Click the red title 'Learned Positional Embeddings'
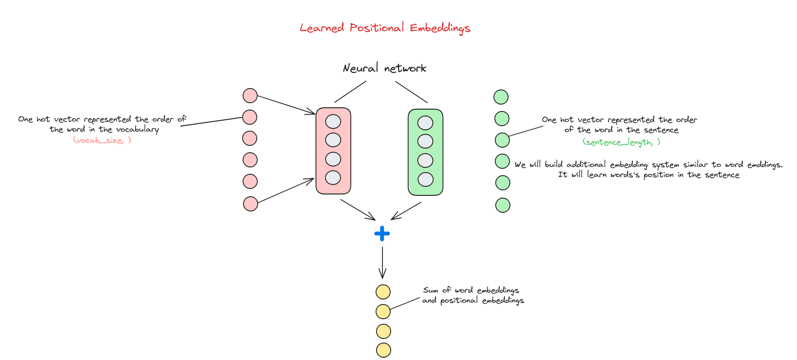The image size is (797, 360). pyautogui.click(x=385, y=28)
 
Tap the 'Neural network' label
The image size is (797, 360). pyautogui.click(x=384, y=68)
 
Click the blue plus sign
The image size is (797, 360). pyautogui.click(x=382, y=233)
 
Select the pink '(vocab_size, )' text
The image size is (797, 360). pyautogui.click(x=102, y=140)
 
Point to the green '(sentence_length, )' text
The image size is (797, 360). pyautogui.click(x=621, y=142)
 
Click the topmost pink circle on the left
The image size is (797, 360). pyautogui.click(x=250, y=95)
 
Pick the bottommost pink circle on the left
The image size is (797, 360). pyautogui.click(x=250, y=204)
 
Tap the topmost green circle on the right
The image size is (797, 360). pyautogui.click(x=501, y=97)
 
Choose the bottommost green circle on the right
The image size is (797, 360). pyautogui.click(x=503, y=205)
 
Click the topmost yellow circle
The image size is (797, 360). pyautogui.click(x=383, y=292)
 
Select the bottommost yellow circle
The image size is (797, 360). pyautogui.click(x=383, y=350)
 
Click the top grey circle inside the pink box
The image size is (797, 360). pyautogui.click(x=333, y=122)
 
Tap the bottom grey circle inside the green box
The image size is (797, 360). pyautogui.click(x=426, y=179)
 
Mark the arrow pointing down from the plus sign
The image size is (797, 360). pyautogui.click(x=382, y=263)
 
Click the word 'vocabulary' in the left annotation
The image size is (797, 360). pyautogui.click(x=138, y=129)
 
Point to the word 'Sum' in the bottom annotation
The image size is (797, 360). pyautogui.click(x=431, y=290)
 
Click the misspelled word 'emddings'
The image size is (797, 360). pyautogui.click(x=765, y=165)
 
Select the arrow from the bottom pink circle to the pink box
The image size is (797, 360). pyautogui.click(x=286, y=190)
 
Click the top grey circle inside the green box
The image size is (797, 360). pyautogui.click(x=426, y=123)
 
